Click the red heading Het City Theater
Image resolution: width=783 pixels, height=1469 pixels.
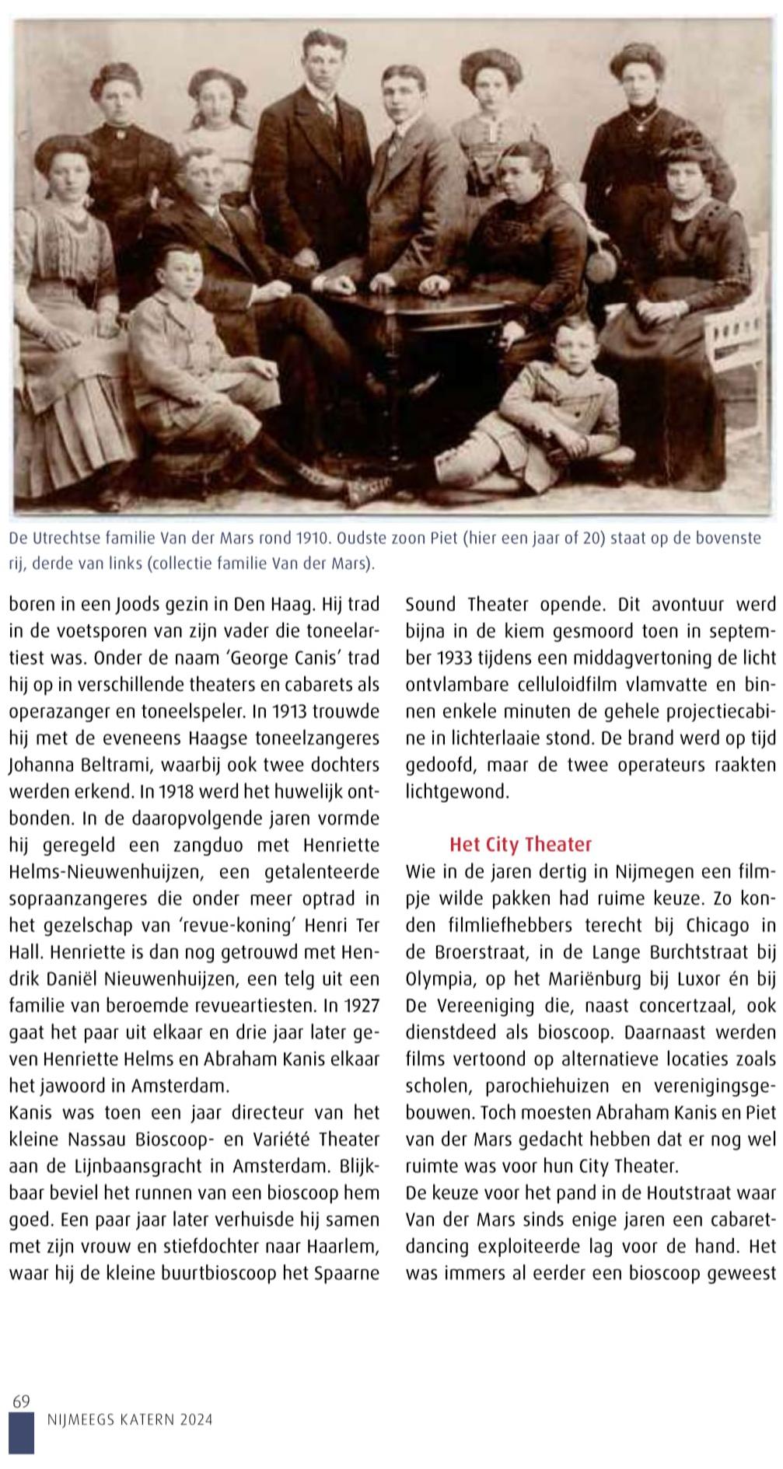pos(520,844)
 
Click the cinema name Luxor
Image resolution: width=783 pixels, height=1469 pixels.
pos(666,979)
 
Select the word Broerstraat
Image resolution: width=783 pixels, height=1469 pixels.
pos(478,952)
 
